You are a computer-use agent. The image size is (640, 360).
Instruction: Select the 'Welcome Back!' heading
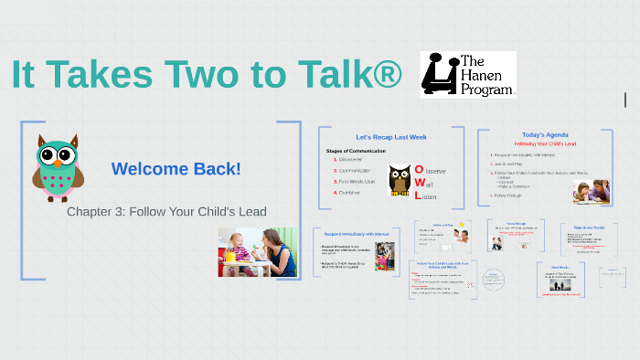pyautogui.click(x=176, y=169)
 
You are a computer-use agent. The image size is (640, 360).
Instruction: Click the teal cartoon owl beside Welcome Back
pyautogui.click(x=57, y=165)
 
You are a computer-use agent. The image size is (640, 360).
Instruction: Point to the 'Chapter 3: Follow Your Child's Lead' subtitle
pyautogui.click(x=166, y=211)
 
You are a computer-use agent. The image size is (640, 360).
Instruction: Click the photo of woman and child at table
pyautogui.click(x=257, y=252)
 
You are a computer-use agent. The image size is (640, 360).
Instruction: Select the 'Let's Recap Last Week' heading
pyautogui.click(x=390, y=137)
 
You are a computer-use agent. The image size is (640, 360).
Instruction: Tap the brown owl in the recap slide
pyautogui.click(x=399, y=180)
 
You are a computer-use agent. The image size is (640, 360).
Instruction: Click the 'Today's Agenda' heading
pyautogui.click(x=545, y=134)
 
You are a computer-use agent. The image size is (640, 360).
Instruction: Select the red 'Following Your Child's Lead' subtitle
pyautogui.click(x=546, y=144)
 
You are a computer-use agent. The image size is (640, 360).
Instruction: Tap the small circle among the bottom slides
pyautogui.click(x=494, y=280)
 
